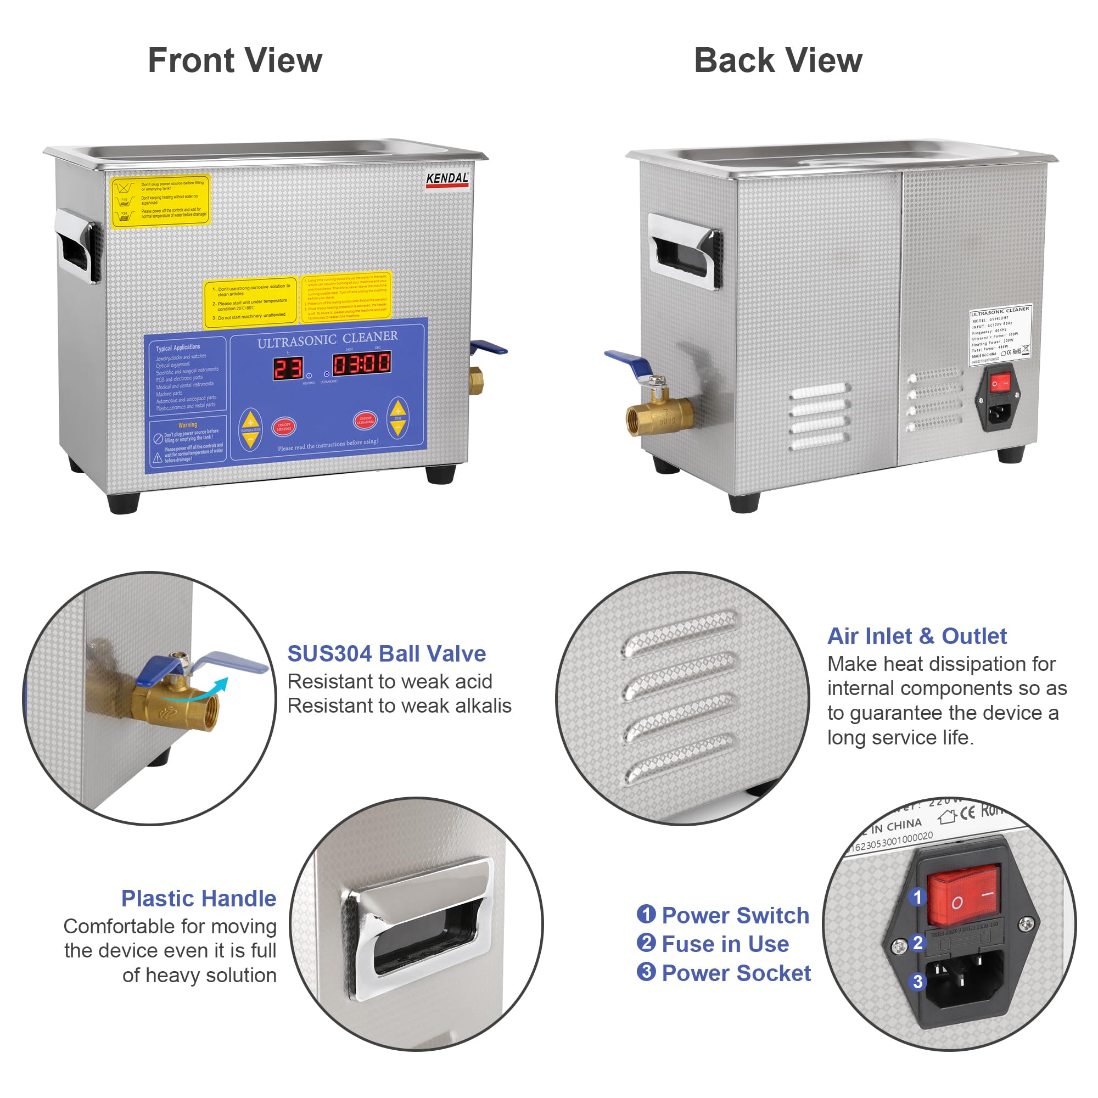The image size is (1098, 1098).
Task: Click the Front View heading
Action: tap(235, 61)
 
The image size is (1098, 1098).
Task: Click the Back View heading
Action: tap(778, 61)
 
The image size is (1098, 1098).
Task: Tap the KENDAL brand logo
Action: tap(447, 179)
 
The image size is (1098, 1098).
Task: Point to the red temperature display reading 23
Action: tap(289, 368)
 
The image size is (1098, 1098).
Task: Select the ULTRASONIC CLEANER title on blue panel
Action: tap(327, 340)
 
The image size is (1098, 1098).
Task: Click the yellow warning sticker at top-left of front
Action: tap(160, 200)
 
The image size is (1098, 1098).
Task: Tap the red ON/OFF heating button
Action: tap(284, 426)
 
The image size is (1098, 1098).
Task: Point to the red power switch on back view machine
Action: tap(1000, 384)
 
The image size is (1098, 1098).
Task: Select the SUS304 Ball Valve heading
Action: tap(386, 653)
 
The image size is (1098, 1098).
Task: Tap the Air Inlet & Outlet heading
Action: tap(917, 636)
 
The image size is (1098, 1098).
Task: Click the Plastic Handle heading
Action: tap(198, 899)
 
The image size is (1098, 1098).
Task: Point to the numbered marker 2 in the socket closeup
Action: tap(917, 943)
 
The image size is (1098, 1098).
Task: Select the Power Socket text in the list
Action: tap(736, 973)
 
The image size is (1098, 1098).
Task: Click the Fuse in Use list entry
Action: tap(725, 944)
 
